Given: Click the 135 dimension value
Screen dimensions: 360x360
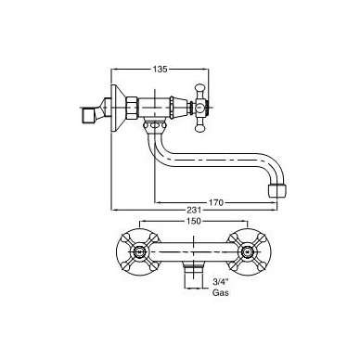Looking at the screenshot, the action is point(160,69).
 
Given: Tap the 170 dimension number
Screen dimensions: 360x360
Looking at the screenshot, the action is point(215,203).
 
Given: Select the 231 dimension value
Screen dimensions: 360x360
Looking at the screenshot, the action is point(194,211).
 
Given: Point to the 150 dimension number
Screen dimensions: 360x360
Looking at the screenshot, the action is point(193,221).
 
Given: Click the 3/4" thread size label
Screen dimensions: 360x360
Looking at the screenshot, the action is point(220,282).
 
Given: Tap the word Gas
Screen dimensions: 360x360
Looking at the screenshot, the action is point(221,292).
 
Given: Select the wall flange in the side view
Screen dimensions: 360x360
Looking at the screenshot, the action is point(118,109).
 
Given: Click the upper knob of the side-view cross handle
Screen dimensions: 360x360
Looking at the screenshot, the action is point(199,89).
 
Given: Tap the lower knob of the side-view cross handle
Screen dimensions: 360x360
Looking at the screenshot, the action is point(199,127).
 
